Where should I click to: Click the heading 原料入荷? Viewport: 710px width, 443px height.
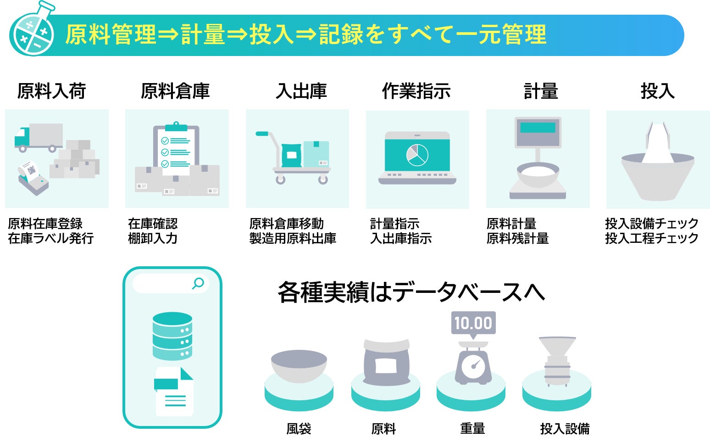point(51,91)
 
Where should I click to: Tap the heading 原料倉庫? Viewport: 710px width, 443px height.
point(175,91)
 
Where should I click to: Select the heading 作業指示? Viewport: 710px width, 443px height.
point(416,91)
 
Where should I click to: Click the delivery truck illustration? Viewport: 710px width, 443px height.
point(39,137)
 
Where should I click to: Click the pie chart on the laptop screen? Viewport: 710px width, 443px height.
point(417,155)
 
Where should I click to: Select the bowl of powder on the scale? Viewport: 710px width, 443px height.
point(538,174)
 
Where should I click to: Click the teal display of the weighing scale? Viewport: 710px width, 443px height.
point(538,127)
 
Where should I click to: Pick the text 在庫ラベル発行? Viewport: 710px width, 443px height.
point(51,238)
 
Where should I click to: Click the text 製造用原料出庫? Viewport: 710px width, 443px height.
point(293,238)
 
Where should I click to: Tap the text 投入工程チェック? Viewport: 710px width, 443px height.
point(651,238)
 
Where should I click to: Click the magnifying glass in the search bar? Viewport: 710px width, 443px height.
point(198,283)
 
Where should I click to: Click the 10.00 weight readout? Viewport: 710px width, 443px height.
point(473,323)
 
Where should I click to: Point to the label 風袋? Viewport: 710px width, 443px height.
point(299,429)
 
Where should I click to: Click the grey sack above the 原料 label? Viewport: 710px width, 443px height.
point(386,363)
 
